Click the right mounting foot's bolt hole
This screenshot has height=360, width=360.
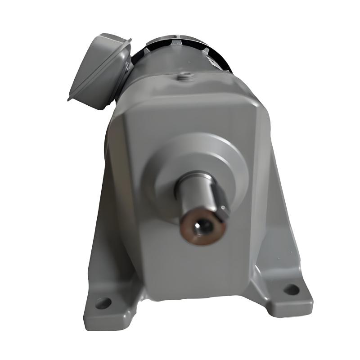292,289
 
